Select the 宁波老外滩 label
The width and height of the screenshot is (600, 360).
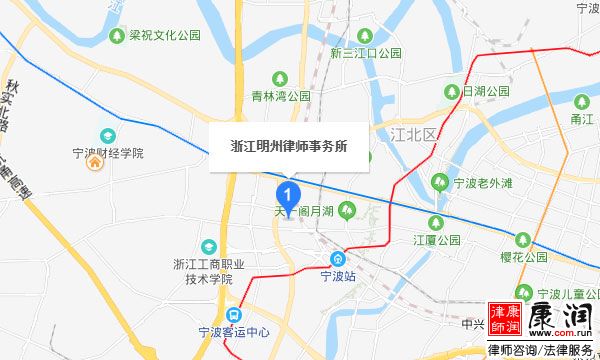tap(482, 182)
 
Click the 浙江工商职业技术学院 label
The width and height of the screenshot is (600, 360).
tap(209, 272)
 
